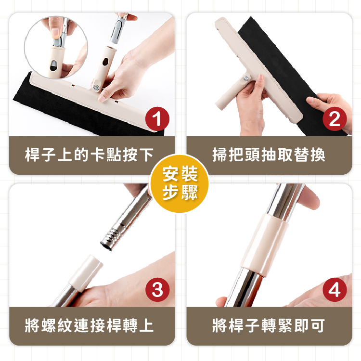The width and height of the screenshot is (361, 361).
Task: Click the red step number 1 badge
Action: point(157,119)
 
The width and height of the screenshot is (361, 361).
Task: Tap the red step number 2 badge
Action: point(335,119)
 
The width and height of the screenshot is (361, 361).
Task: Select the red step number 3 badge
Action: point(157,290)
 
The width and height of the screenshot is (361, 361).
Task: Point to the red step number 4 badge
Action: point(335,290)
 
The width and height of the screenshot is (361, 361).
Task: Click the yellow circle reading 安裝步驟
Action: point(180,183)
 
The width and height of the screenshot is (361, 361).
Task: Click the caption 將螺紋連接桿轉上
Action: point(89,325)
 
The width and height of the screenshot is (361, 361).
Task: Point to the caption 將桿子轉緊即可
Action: point(269,325)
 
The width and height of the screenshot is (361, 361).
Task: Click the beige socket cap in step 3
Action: point(86,273)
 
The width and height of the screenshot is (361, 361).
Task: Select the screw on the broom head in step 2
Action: point(246,78)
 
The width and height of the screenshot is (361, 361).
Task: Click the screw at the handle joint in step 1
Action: point(96,88)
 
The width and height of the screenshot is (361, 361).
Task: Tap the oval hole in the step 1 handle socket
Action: point(105,62)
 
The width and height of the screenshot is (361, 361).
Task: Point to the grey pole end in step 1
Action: point(118,29)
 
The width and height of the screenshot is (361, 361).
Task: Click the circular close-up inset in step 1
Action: point(56,47)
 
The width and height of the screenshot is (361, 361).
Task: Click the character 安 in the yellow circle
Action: point(170,174)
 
